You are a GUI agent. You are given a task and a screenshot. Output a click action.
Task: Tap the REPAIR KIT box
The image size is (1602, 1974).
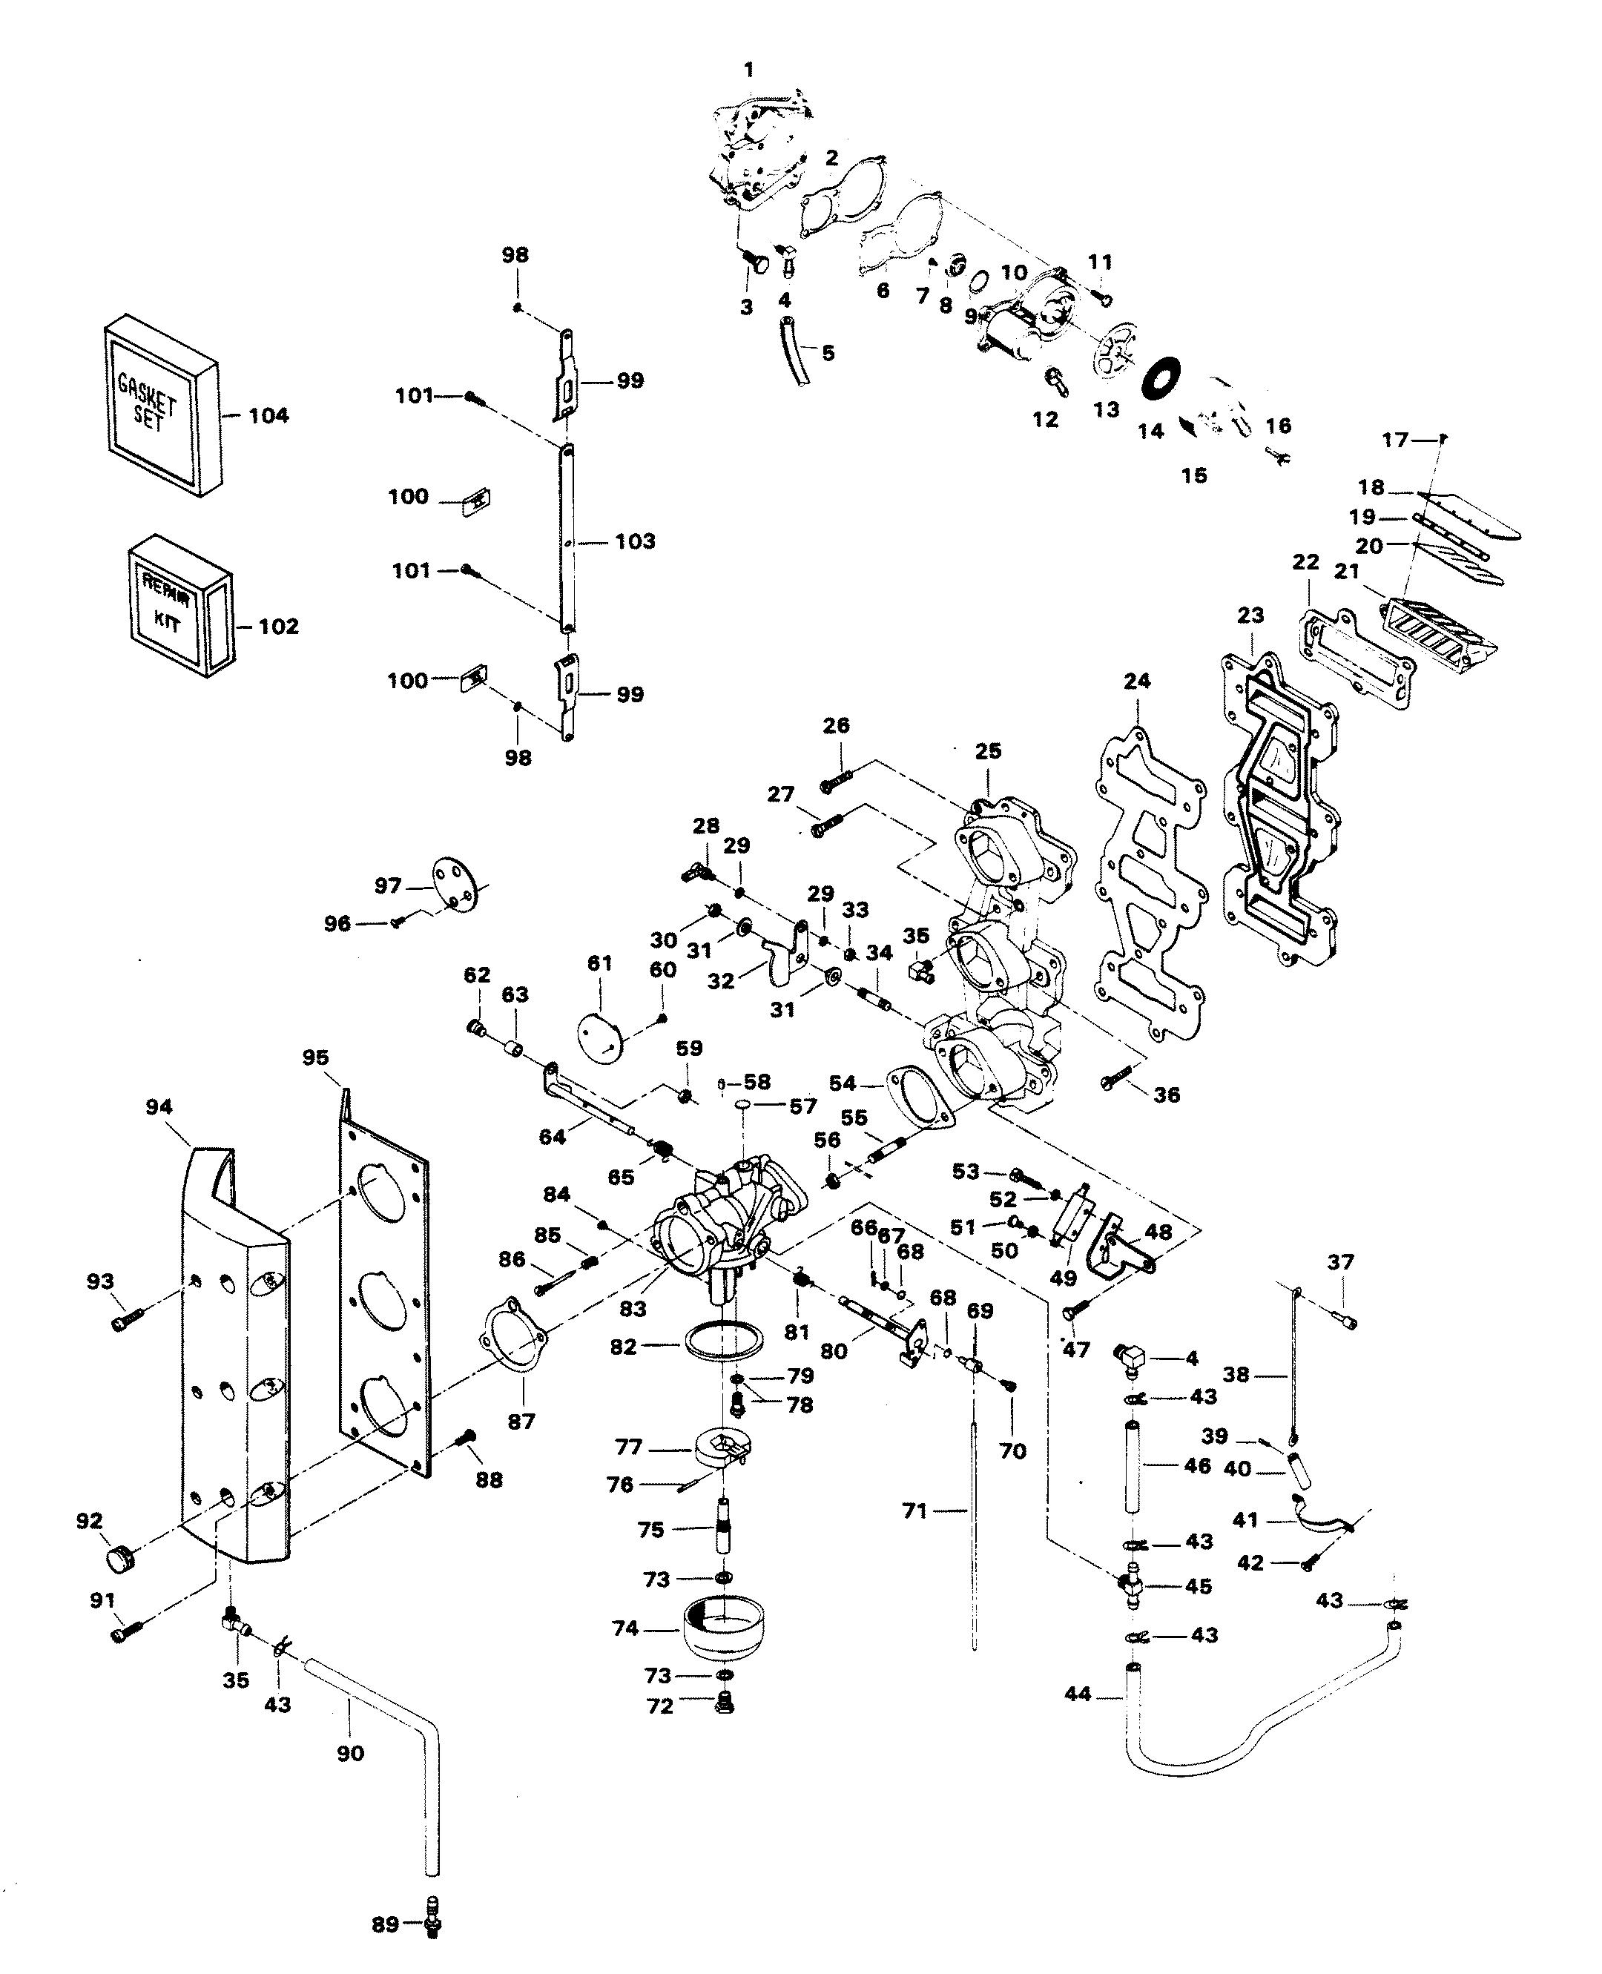(x=178, y=606)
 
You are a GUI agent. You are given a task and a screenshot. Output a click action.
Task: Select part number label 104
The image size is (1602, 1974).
(x=268, y=416)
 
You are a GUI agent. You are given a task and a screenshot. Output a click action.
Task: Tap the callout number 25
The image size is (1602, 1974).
(x=989, y=751)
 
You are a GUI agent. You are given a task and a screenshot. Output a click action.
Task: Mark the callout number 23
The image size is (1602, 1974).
(x=1250, y=615)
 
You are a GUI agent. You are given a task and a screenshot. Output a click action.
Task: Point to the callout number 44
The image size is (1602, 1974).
(x=1077, y=1694)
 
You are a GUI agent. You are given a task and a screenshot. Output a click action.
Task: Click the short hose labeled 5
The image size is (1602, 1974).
(x=794, y=351)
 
